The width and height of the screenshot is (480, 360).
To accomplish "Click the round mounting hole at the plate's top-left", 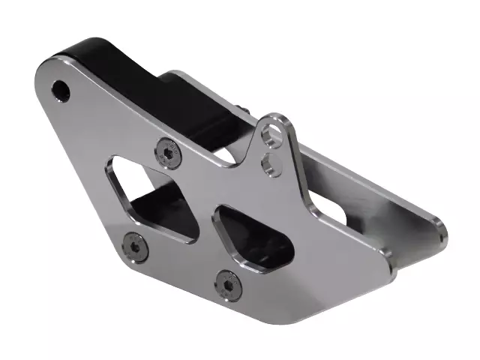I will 60,91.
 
